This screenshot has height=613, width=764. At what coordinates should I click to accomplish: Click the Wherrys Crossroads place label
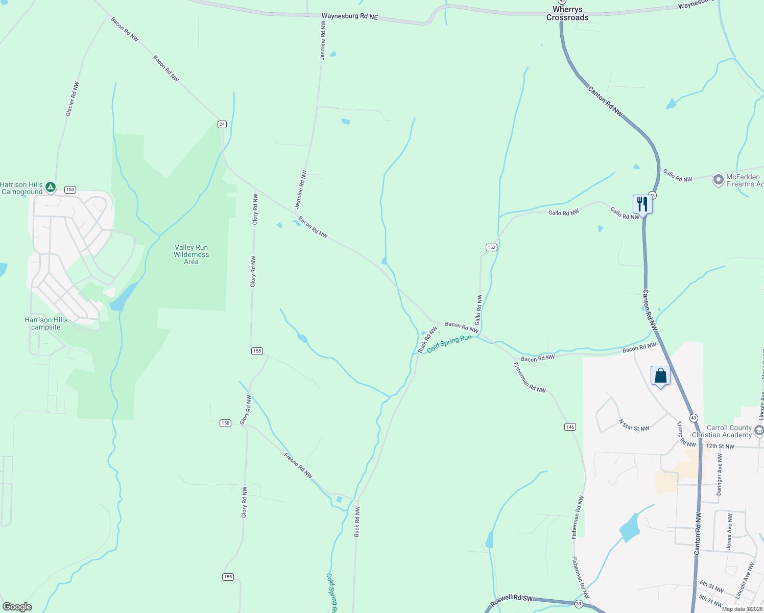567,14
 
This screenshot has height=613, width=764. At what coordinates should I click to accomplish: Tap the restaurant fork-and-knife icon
642,204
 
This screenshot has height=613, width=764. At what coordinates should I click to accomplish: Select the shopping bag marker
660,376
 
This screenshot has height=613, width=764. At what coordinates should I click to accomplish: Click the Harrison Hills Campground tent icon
51,187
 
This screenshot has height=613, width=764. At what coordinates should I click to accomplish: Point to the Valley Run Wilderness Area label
191,254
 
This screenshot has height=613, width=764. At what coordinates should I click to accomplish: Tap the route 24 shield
222,124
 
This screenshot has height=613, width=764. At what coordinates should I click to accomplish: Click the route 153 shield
70,190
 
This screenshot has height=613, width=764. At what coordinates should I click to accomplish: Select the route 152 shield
491,247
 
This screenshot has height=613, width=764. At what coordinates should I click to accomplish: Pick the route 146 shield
570,427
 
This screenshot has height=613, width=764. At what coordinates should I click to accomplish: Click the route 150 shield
225,423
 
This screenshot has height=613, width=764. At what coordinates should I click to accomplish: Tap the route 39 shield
578,604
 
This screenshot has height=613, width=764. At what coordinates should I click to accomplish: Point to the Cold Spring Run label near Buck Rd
449,344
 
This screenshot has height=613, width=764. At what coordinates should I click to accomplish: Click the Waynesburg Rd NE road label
349,16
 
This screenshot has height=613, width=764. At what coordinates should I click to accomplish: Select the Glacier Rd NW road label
73,99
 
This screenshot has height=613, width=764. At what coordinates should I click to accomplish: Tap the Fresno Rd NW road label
298,466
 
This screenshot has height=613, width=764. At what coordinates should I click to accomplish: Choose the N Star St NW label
634,425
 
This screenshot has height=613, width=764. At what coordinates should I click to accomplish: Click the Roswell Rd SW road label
511,601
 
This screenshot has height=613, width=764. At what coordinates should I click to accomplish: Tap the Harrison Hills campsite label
46,323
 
